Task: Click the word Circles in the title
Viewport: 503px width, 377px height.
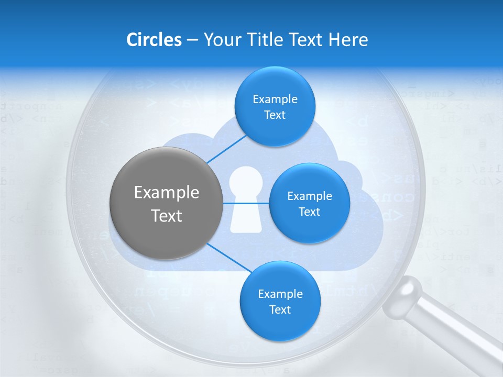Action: [154, 40]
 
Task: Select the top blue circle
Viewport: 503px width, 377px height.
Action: [275, 106]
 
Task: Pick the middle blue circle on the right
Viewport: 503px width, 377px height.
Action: [309, 203]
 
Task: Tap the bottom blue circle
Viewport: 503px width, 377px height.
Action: [280, 301]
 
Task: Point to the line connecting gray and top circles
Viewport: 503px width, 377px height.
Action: [226, 149]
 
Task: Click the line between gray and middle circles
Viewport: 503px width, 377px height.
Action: [246, 203]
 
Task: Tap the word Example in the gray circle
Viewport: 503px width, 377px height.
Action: [166, 193]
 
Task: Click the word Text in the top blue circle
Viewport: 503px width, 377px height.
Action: [275, 115]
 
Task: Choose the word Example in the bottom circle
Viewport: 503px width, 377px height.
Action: [280, 294]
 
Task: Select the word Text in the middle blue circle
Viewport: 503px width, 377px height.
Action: [309, 212]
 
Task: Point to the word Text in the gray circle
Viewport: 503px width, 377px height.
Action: [166, 216]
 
